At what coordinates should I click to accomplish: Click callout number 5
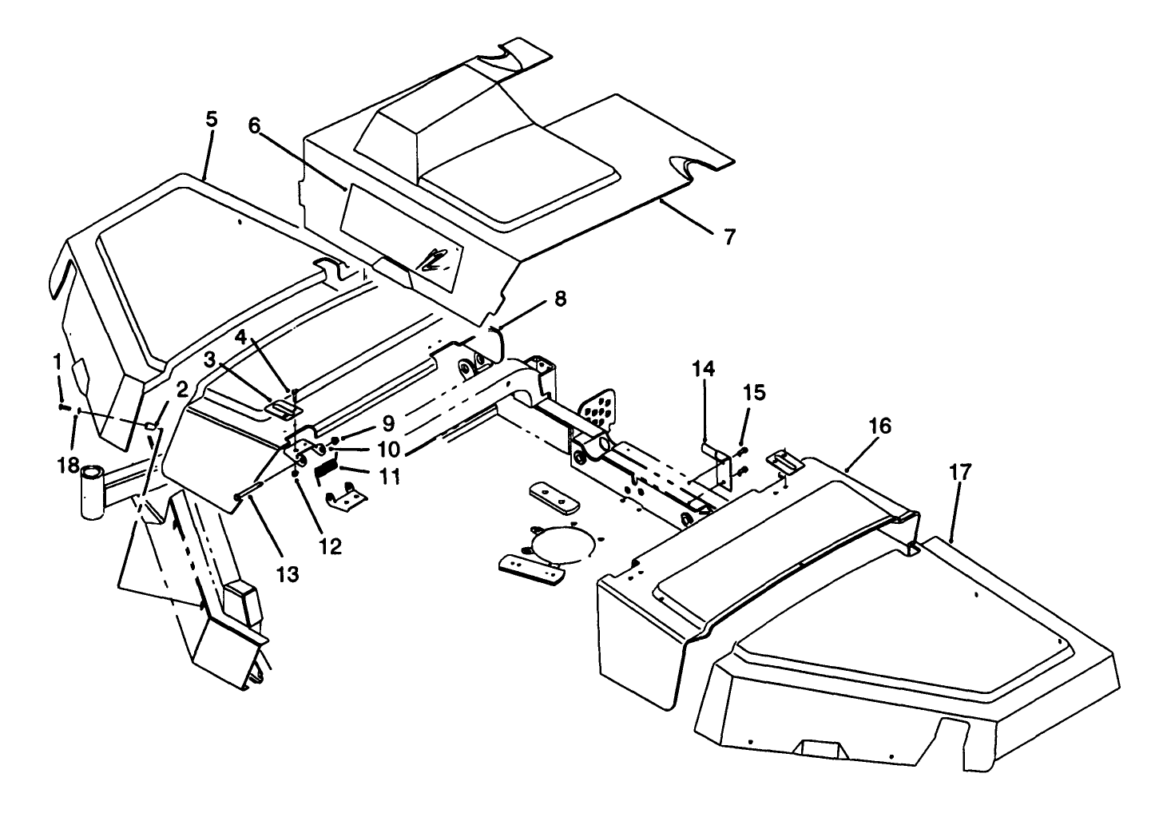point(211,119)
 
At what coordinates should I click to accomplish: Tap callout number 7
point(730,236)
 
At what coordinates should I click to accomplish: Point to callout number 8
point(560,299)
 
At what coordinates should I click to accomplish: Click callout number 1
point(58,362)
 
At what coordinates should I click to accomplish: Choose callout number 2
point(182,390)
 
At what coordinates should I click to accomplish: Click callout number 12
point(330,546)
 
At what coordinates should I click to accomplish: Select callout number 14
point(704,369)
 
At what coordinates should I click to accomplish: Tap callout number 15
point(754,392)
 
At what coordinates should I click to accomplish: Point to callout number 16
point(879,426)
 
